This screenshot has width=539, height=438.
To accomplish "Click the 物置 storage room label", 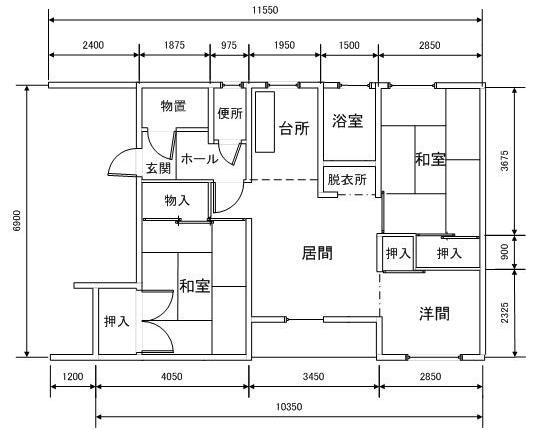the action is coord(173,106).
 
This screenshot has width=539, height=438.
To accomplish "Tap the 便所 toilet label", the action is coord(230,113).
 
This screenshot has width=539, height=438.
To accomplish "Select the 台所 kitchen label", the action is coord(294,128).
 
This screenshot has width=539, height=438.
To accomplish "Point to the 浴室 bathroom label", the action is coord(348,121).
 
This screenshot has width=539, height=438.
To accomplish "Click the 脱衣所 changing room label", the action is coord(347,179).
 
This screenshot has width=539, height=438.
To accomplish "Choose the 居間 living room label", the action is coord(317,253).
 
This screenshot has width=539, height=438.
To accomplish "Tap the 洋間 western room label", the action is coord(434,313).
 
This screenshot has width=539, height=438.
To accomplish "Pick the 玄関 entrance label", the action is coord(158,168).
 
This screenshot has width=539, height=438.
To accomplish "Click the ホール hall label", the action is coord(199,159).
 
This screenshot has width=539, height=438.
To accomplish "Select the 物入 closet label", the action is coord(177,200).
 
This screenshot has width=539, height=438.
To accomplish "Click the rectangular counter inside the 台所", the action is coord(265,122).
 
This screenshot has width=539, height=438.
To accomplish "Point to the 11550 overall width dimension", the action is coord(265,10).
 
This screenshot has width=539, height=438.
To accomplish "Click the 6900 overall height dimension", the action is coord(17,221).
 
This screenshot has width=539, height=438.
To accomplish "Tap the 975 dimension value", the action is coord(229,45).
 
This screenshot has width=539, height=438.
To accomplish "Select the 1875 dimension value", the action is coord(174,45).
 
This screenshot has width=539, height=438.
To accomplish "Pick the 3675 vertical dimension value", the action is coord(504,161).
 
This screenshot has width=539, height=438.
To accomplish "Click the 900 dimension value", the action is coord(504,252).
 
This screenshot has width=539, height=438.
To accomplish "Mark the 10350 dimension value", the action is coord(289,407).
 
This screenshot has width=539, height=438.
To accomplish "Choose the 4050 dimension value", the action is coord(172,376).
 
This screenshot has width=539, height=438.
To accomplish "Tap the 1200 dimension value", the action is coord(73,376).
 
